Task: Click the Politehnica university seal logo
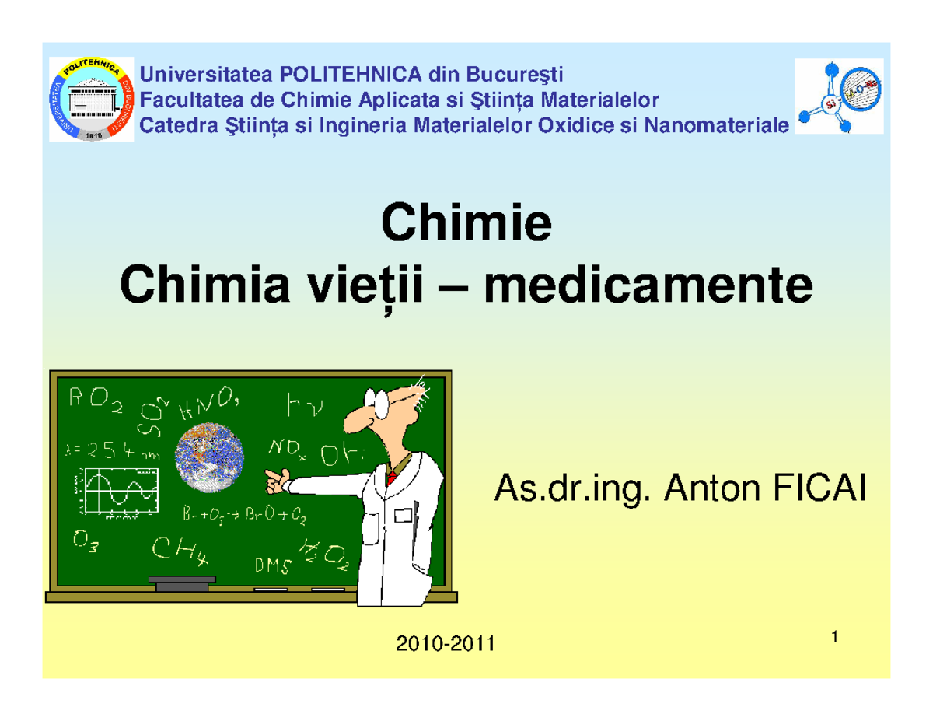(92, 99)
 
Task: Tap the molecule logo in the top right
(839, 96)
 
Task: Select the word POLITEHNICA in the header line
(344, 75)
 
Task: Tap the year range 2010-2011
(446, 644)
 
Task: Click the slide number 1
(833, 639)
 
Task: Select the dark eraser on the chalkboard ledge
(181, 583)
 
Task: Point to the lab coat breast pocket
(403, 515)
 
